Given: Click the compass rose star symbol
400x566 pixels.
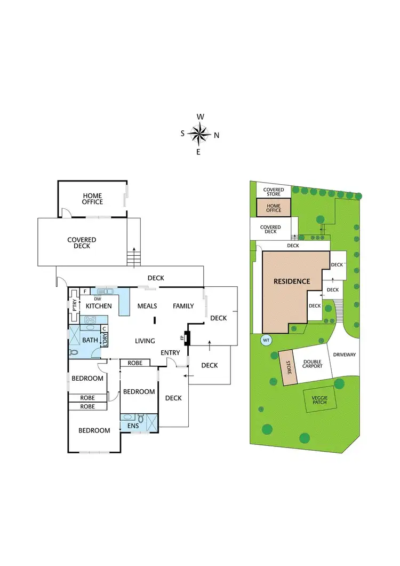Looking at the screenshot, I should [x=199, y=134].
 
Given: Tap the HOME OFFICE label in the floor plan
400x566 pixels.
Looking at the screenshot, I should [x=92, y=199].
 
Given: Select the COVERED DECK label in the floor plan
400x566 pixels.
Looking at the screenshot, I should [x=82, y=243].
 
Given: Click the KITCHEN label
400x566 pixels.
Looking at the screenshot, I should [x=99, y=306].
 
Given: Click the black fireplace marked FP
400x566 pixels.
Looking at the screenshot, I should [x=187, y=338].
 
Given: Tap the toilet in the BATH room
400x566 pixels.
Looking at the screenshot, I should [x=74, y=352].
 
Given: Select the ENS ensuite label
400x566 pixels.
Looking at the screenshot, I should [x=133, y=426].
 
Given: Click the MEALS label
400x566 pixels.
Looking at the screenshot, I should [x=147, y=306].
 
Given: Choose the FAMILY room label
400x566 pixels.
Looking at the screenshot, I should [x=183, y=306].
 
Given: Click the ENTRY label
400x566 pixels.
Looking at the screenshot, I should [x=171, y=352].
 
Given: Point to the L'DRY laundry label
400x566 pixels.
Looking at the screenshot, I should [x=105, y=339].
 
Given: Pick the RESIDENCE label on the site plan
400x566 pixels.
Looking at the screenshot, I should [x=292, y=281].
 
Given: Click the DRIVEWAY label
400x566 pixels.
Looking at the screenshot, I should [x=344, y=355].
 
